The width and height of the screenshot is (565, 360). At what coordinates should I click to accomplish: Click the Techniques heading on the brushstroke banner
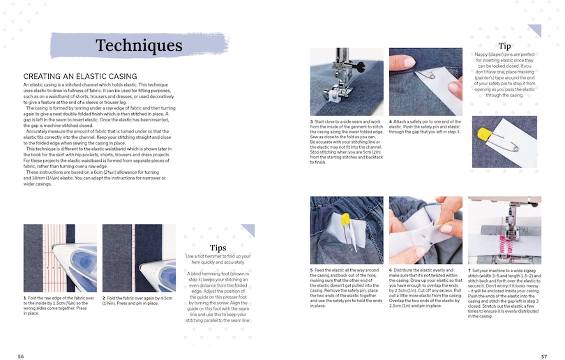[139, 45]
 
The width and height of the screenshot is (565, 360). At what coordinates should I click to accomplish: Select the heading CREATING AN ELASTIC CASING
[80, 76]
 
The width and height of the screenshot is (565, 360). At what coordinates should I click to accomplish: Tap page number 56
[21, 356]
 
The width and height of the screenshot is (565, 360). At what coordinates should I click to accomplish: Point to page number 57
[544, 356]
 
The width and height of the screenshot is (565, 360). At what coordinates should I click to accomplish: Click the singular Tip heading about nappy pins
[504, 45]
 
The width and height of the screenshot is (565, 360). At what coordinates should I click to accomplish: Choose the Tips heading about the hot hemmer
[218, 248]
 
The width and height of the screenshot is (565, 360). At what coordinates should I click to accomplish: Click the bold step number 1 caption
[24, 298]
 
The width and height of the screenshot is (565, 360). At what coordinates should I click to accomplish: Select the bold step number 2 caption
[104, 298]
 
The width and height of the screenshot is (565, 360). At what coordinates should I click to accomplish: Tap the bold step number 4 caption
[391, 121]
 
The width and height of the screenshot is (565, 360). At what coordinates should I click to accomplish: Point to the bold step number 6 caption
[391, 269]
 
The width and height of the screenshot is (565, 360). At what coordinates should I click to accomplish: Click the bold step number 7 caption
[469, 269]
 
